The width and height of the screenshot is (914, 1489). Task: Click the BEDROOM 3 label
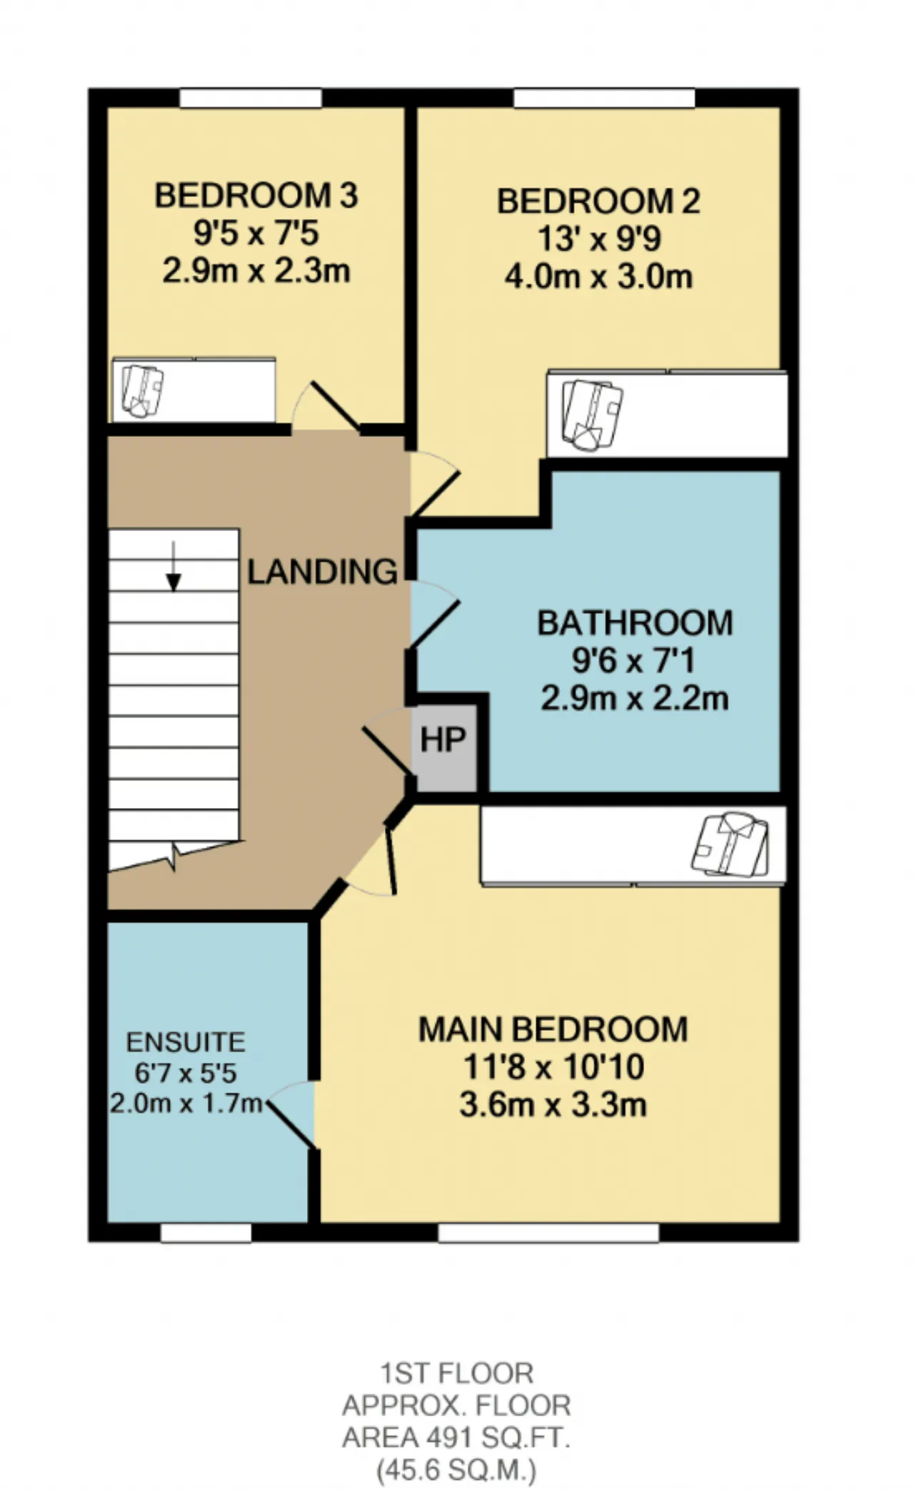[256, 196]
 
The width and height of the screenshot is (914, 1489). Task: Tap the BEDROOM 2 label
[598, 201]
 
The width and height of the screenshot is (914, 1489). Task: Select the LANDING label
[323, 572]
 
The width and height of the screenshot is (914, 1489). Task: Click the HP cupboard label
[443, 740]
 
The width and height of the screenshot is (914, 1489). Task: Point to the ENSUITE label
[186, 1043]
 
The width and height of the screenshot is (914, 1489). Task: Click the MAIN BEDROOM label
[553, 1029]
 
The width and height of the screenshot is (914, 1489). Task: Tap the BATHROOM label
[635, 623]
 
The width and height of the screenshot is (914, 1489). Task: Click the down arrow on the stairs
[173, 566]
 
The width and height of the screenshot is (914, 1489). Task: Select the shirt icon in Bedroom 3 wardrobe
[143, 390]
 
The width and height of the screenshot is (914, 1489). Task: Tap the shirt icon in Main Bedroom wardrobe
[730, 844]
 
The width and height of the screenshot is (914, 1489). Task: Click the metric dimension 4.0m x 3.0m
[598, 277]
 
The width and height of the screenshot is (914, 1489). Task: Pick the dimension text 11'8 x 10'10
[553, 1067]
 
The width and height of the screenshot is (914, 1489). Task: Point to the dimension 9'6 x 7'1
[633, 661]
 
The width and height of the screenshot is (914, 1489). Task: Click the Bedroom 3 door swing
[326, 405]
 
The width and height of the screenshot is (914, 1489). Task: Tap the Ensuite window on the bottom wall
[206, 1233]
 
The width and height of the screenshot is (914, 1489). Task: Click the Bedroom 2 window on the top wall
[604, 98]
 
